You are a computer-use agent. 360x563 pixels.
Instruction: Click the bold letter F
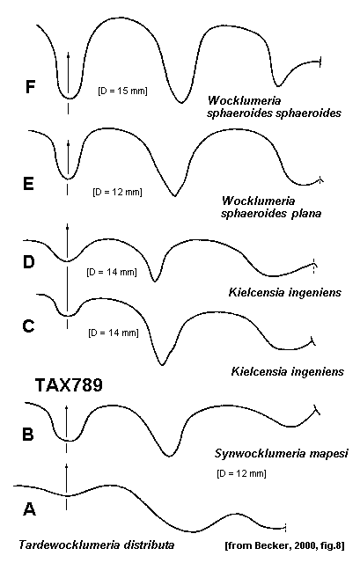click(31, 87)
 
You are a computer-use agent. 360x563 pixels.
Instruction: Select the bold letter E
click(28, 184)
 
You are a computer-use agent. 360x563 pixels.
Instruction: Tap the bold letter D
click(28, 261)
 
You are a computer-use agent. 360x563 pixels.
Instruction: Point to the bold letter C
click(28, 326)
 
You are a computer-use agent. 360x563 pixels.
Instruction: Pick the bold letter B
click(28, 434)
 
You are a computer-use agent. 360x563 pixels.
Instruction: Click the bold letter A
click(29, 508)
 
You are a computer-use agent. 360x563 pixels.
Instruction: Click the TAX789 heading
click(69, 385)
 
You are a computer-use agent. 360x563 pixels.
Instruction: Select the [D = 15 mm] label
click(122, 91)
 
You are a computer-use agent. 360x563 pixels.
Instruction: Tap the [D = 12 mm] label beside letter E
click(117, 192)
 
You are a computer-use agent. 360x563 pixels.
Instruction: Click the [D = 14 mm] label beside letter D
click(112, 272)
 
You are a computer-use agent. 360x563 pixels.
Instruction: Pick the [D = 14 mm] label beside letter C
click(114, 333)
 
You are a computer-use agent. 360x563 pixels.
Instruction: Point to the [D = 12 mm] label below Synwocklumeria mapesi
click(241, 473)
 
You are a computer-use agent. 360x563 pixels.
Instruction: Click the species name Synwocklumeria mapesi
click(282, 453)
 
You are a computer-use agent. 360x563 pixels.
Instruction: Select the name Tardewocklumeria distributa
click(97, 545)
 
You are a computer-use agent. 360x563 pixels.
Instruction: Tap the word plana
click(306, 214)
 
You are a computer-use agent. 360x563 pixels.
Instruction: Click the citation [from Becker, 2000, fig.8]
click(284, 546)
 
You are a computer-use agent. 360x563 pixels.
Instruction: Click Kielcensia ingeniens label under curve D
click(284, 292)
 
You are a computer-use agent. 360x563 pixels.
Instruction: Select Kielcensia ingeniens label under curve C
click(288, 371)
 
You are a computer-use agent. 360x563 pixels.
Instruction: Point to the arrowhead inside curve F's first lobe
click(69, 55)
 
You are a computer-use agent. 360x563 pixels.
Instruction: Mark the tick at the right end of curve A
click(285, 528)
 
